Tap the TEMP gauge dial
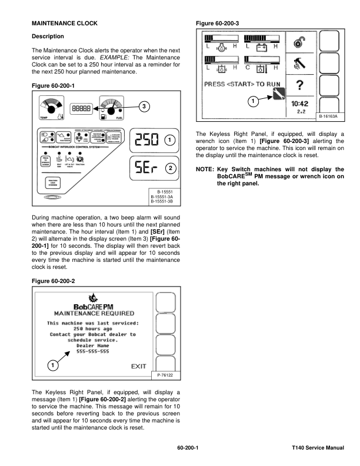tap(51, 108)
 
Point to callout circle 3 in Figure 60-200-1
tap(143, 106)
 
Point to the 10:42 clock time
tap(299, 104)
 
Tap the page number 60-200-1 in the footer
tap(188, 448)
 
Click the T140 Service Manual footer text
tap(317, 448)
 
